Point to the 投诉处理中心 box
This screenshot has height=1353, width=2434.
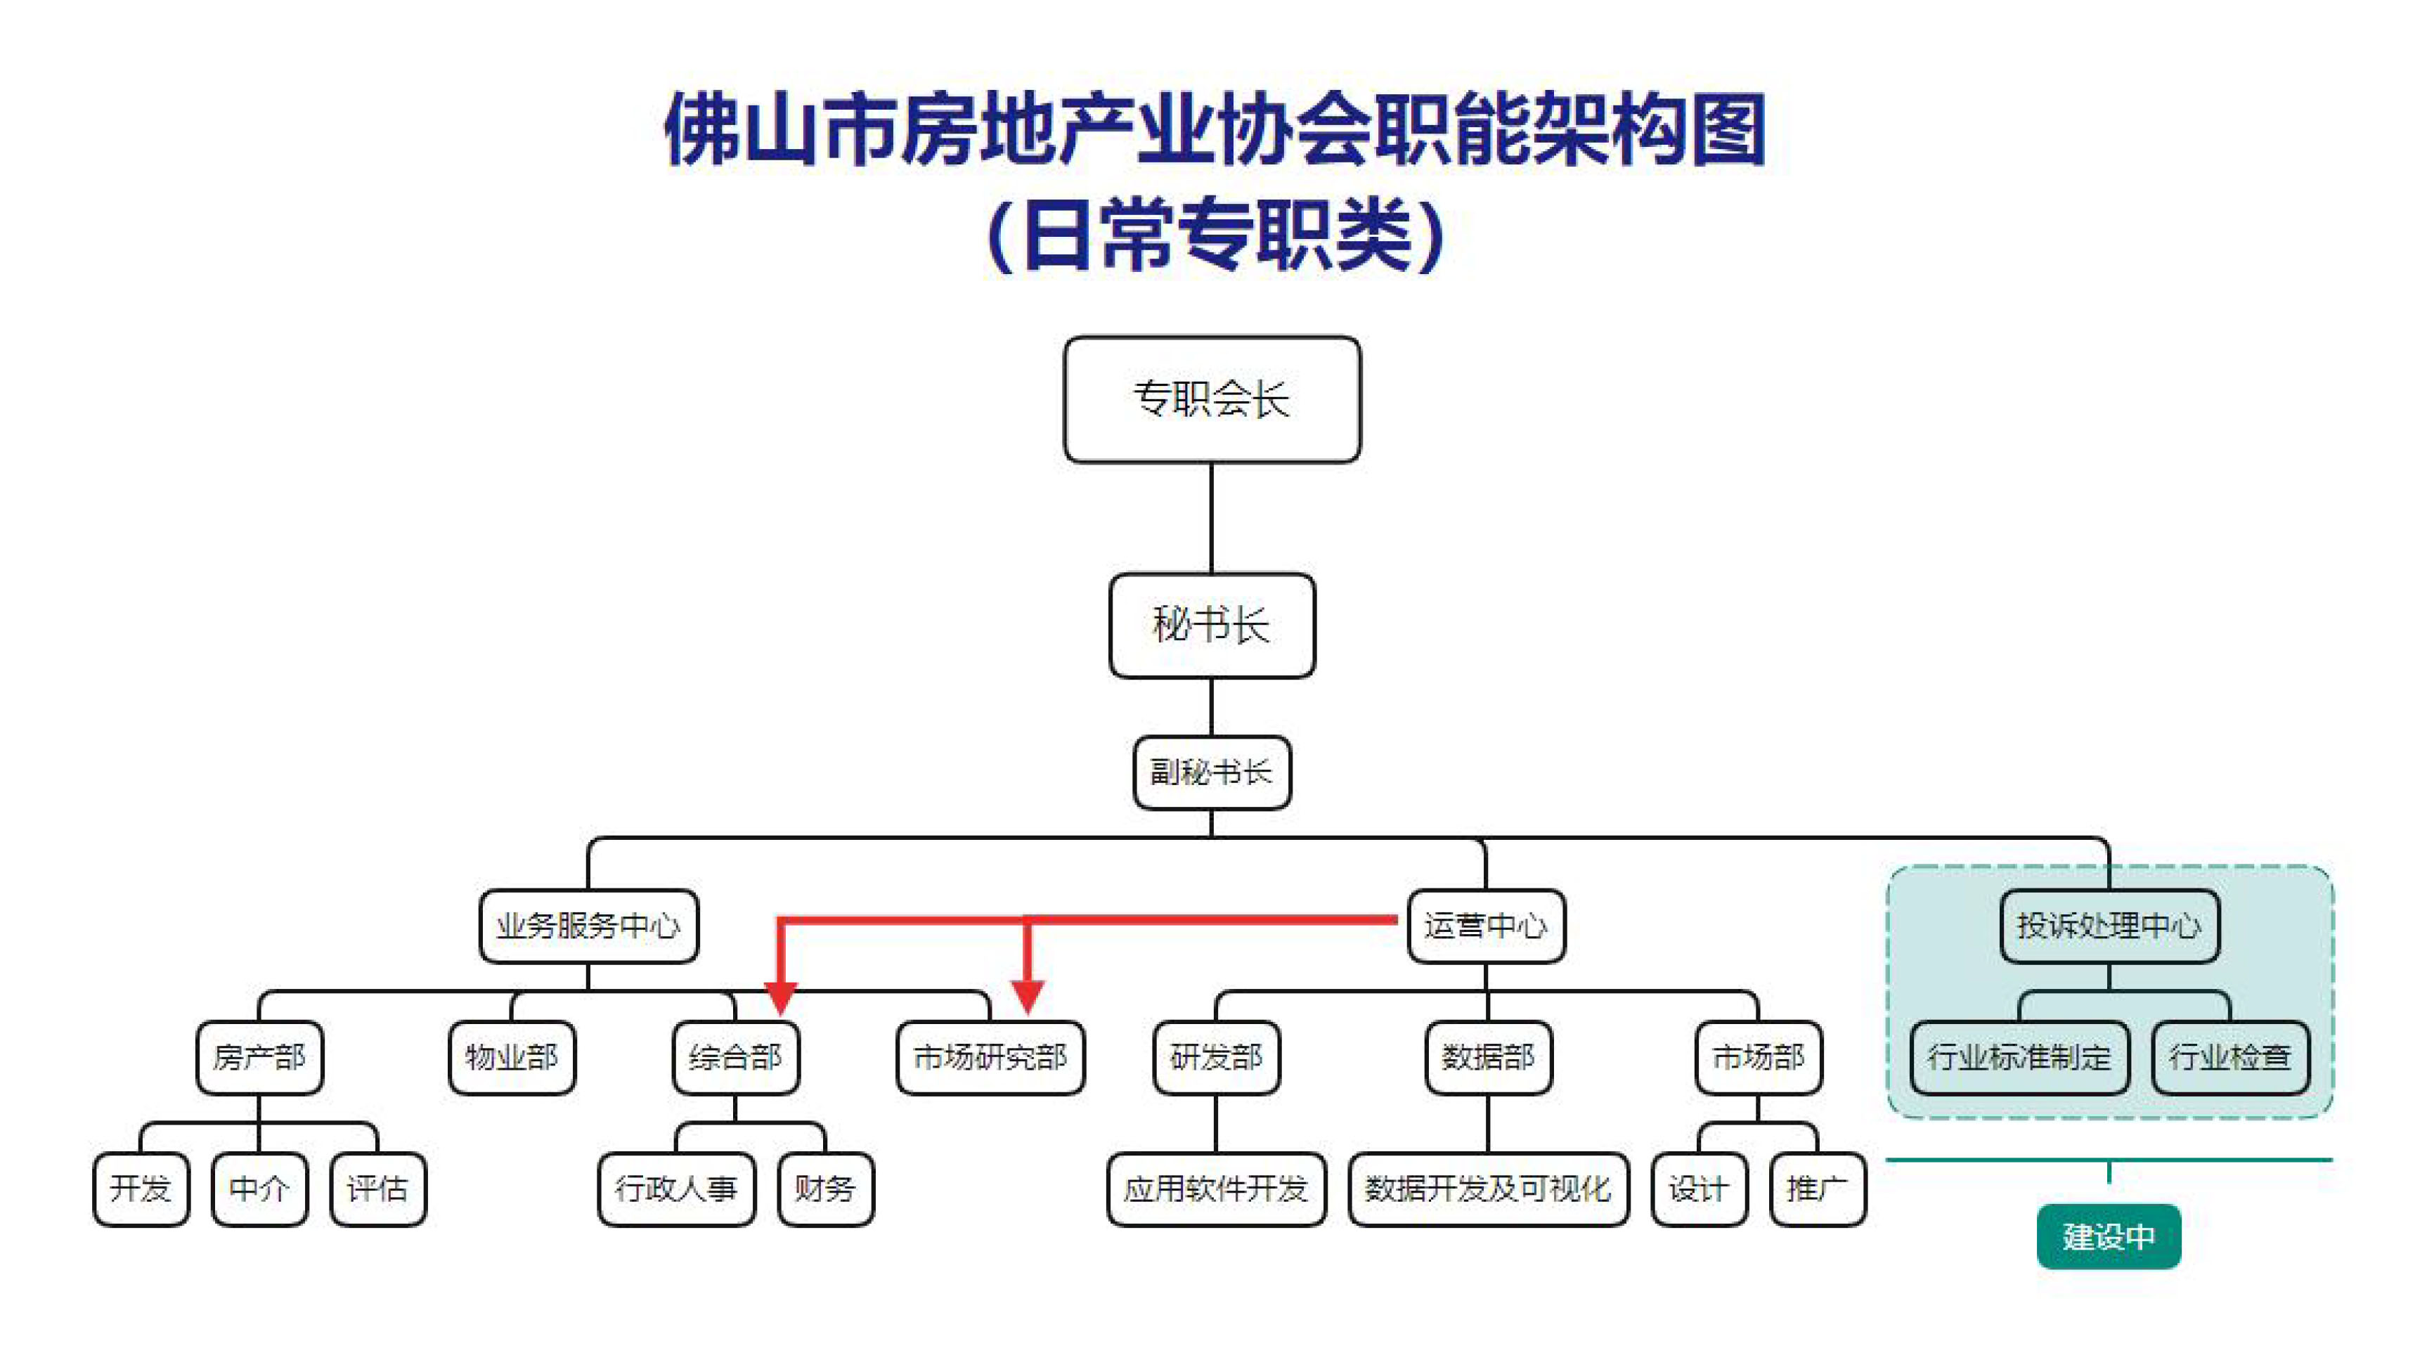2109,925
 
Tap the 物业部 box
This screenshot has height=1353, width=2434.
511,1056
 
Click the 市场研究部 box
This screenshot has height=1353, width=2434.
990,1056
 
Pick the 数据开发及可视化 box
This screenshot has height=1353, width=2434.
1487,1188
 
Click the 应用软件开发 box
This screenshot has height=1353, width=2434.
1215,1188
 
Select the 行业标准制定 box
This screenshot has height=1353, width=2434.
2019,1056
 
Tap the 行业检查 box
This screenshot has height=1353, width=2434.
2230,1056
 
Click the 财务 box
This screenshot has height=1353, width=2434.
825,1188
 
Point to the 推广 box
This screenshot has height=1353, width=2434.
1816,1188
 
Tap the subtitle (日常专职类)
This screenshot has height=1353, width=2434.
1215,234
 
